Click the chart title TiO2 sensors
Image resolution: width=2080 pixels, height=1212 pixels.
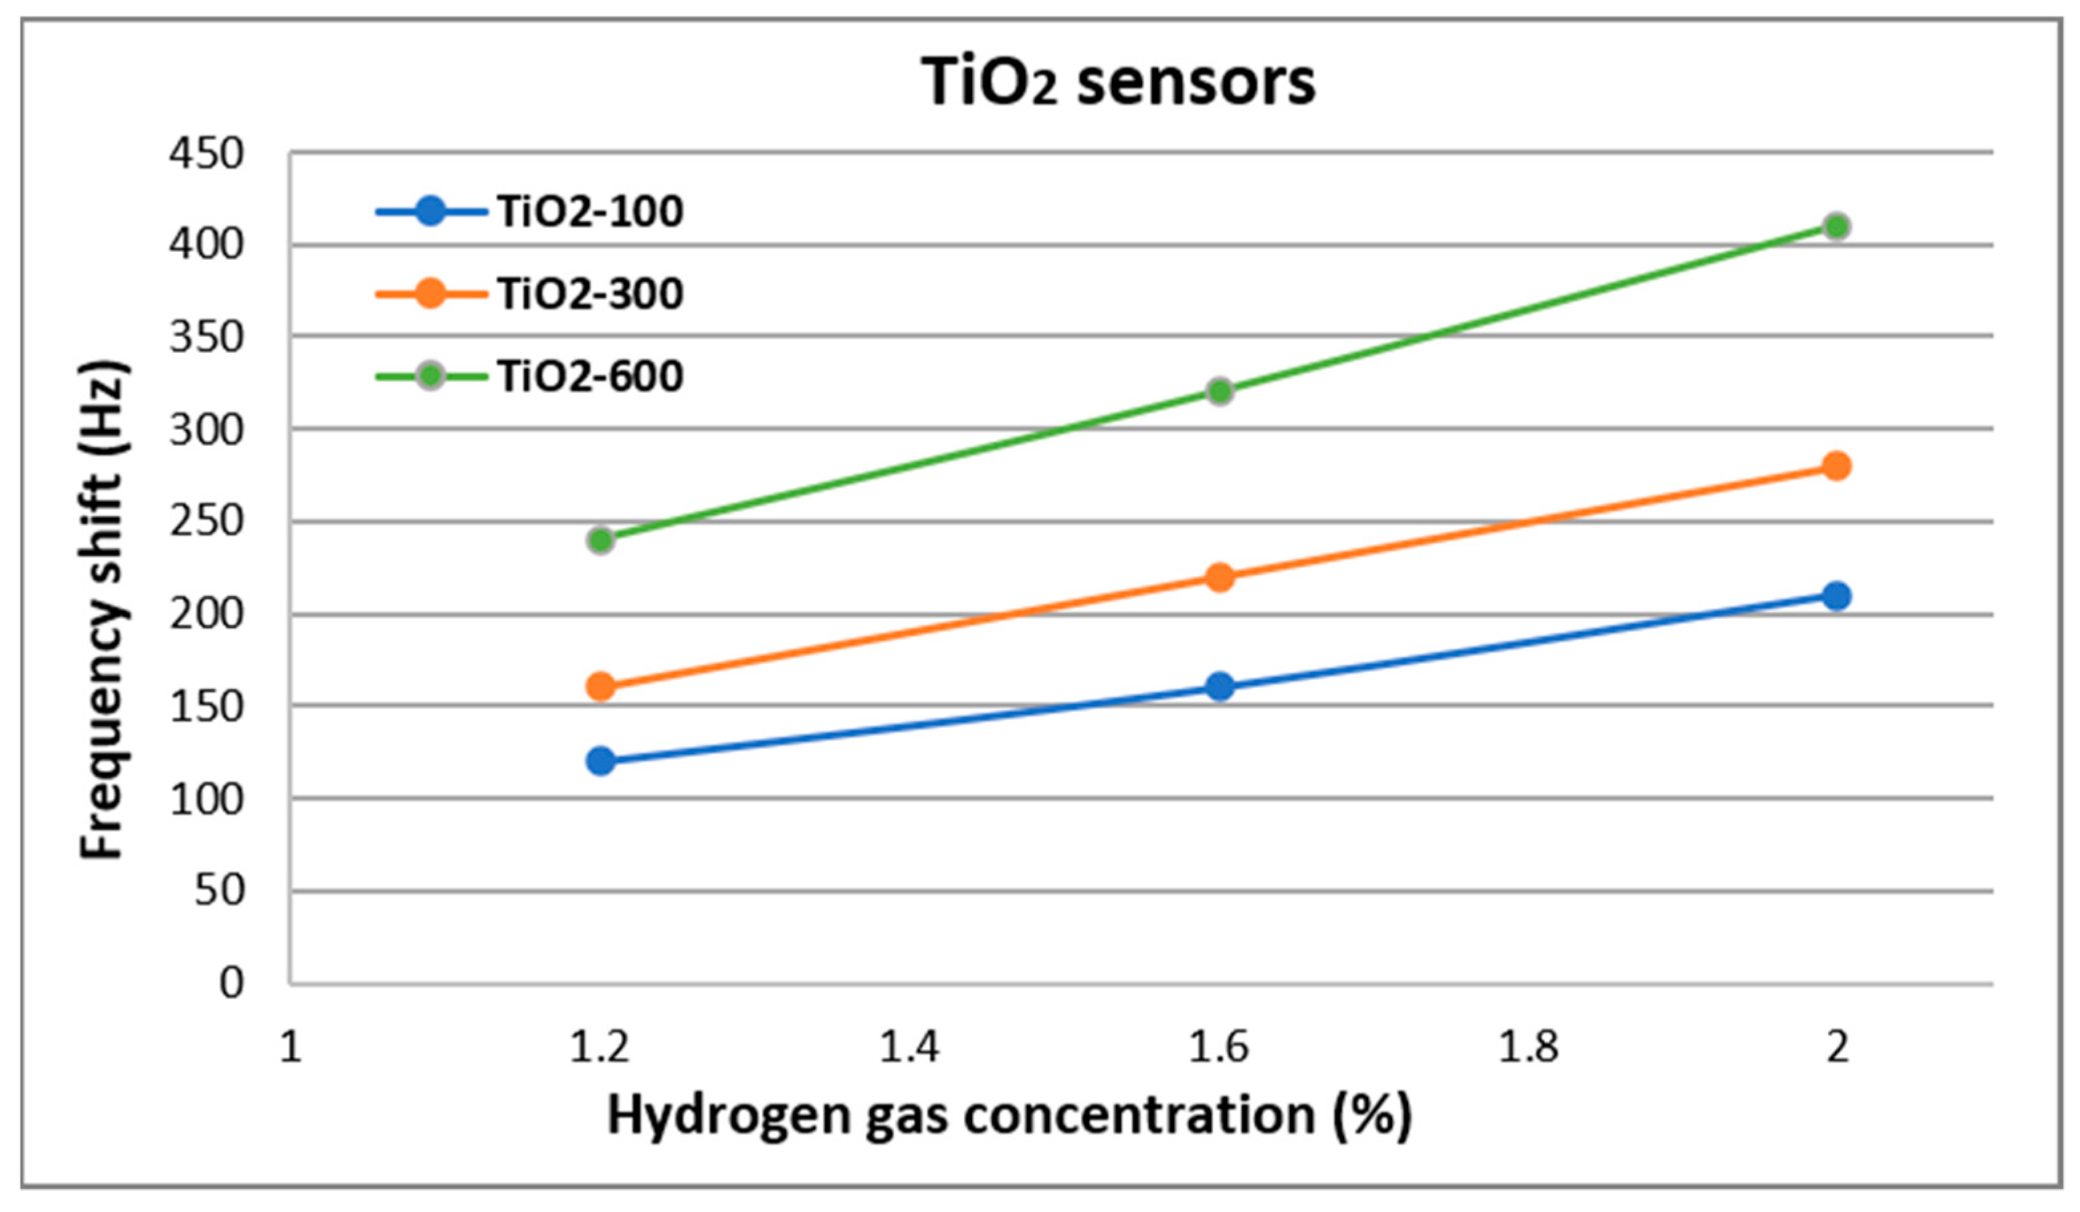click(x=1118, y=82)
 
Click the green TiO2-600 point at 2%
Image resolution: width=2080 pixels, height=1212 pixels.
click(x=1835, y=226)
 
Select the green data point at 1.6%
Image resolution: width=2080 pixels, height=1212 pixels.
click(x=1220, y=391)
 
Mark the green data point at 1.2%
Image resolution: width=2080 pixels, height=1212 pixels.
click(x=601, y=540)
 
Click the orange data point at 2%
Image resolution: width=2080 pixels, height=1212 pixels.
click(x=1835, y=466)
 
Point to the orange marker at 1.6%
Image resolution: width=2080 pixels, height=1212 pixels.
click(x=1220, y=577)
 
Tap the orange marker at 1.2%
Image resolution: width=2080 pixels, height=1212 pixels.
click(x=601, y=686)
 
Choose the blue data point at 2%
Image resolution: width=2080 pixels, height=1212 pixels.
click(x=1835, y=595)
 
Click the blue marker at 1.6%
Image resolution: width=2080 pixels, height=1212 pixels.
click(x=1220, y=686)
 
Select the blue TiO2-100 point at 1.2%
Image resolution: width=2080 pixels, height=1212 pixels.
click(x=601, y=761)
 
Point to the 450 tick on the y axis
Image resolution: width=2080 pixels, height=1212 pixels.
click(x=207, y=154)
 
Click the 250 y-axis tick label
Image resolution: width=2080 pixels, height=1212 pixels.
click(x=207, y=522)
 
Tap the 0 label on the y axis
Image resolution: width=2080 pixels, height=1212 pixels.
click(x=231, y=983)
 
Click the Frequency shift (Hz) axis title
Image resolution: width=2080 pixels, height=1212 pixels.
click(x=103, y=611)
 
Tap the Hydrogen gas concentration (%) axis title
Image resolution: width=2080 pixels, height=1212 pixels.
click(x=1009, y=1116)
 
